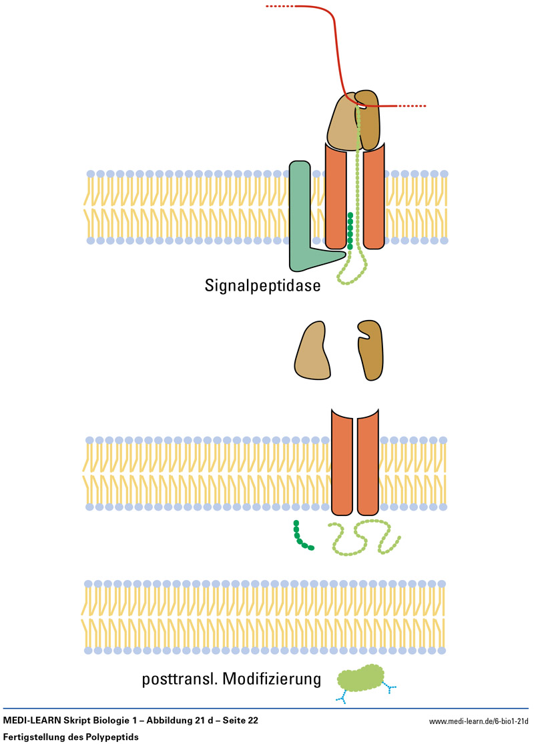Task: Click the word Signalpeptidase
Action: [x=264, y=286]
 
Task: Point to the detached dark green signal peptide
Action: [x=301, y=537]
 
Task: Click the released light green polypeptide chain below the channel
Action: [x=364, y=537]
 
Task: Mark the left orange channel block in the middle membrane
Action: [x=342, y=467]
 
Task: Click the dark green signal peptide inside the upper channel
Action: [x=350, y=231]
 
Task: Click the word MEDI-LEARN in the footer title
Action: [x=33, y=721]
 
